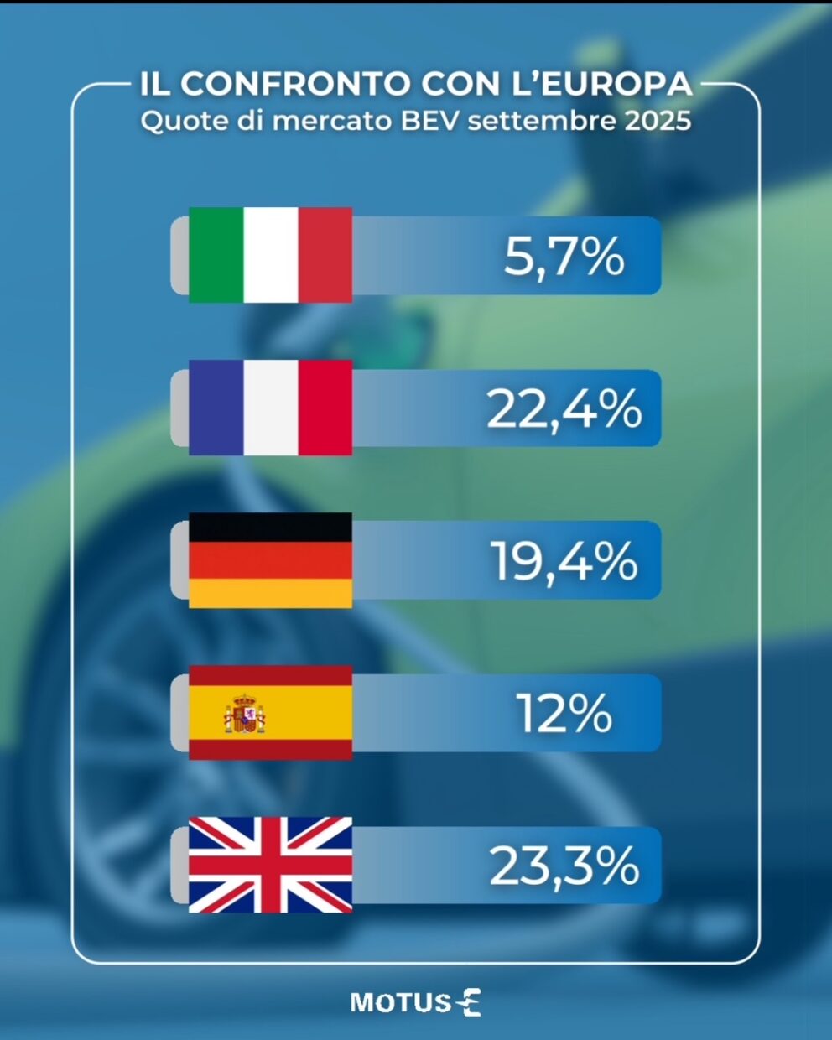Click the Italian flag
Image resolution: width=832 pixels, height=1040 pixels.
270,255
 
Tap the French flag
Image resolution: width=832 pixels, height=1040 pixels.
270,408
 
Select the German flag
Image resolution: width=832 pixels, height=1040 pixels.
270,560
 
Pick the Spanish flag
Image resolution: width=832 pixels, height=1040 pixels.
270,713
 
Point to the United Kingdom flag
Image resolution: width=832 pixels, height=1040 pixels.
270,865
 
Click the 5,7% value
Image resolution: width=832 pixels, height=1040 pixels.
564,256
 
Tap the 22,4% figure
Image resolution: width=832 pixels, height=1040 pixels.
564,409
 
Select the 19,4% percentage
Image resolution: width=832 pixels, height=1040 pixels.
564,561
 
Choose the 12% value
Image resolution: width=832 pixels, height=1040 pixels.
564,714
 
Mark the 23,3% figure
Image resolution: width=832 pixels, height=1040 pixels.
564,866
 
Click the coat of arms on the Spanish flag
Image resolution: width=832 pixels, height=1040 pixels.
244,715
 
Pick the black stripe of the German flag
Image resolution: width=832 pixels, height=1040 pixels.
270,528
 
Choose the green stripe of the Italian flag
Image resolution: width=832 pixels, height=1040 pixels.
216,255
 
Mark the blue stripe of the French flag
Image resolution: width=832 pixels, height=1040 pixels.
216,408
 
